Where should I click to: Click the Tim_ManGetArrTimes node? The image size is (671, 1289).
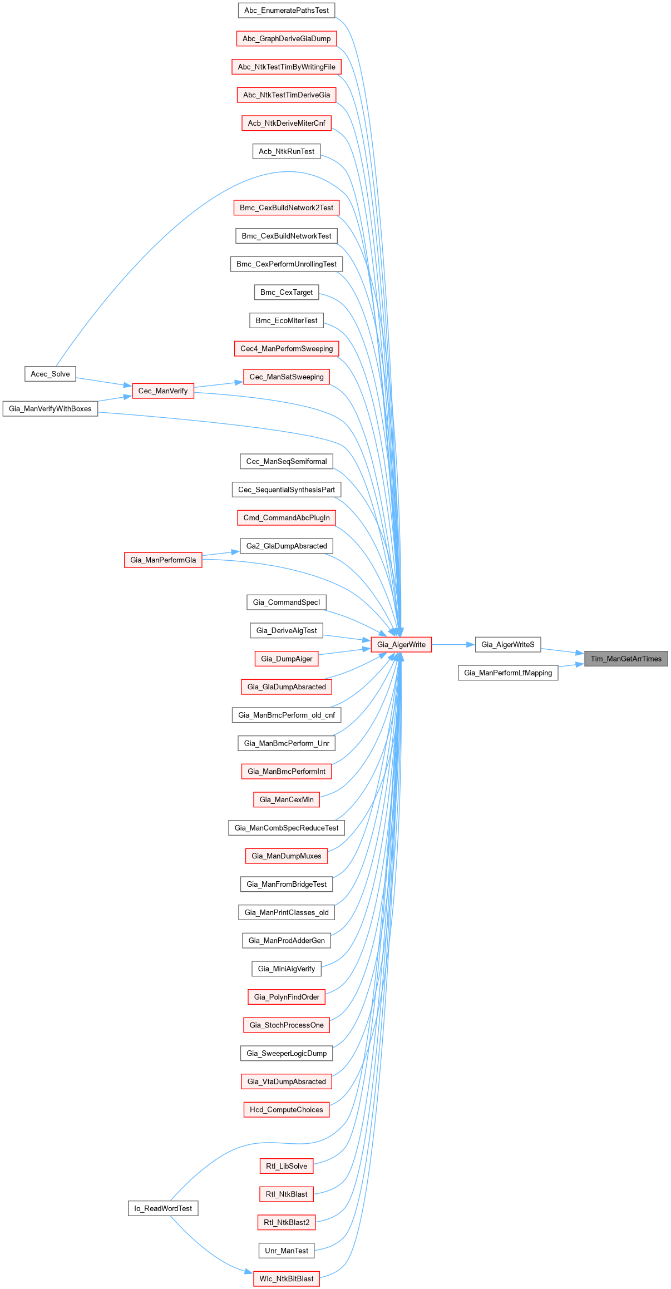tap(626, 659)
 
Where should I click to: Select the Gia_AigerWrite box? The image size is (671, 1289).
tap(401, 645)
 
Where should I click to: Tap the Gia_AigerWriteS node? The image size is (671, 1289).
tap(507, 645)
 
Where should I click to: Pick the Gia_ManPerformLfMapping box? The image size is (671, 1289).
tap(508, 673)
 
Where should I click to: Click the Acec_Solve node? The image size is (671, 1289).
tap(50, 374)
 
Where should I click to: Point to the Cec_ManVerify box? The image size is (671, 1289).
tap(163, 391)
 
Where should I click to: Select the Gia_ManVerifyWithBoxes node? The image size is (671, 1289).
tap(50, 409)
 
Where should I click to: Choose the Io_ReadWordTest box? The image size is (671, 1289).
tap(163, 1208)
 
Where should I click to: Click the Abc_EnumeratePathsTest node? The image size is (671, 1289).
tap(287, 11)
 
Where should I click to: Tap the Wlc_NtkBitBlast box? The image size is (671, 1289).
tap(287, 1278)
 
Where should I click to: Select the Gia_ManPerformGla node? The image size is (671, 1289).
tap(163, 560)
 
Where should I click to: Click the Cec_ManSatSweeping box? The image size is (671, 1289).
tap(287, 377)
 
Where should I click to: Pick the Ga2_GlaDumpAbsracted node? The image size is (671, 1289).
tap(287, 546)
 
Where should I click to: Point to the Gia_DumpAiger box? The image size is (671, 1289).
tap(287, 659)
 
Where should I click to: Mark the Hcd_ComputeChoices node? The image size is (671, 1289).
tap(287, 1109)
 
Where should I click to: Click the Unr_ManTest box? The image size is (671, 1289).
tap(287, 1251)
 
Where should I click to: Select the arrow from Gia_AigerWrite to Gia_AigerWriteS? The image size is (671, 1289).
tap(453, 645)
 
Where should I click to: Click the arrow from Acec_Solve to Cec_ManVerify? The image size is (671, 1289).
tap(103, 382)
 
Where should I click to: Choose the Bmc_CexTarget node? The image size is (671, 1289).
tap(287, 293)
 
